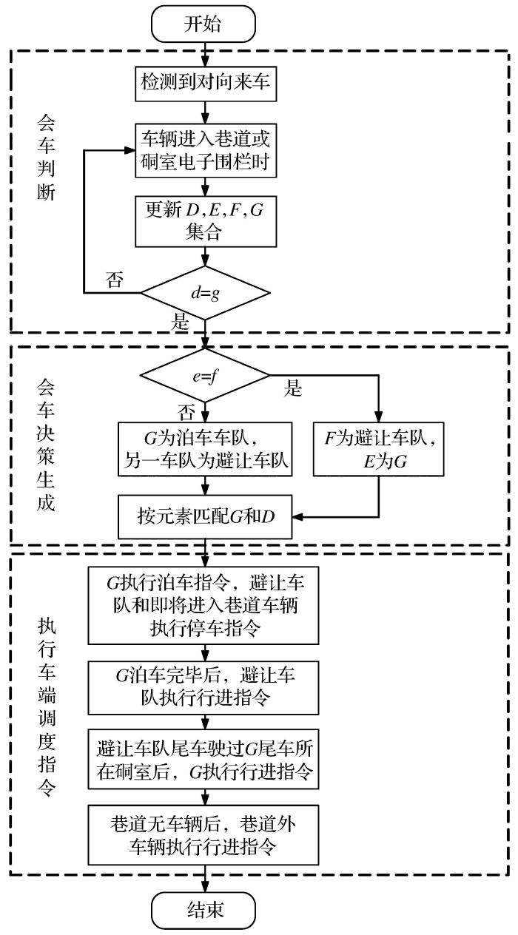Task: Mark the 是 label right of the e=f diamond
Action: (x=294, y=389)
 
